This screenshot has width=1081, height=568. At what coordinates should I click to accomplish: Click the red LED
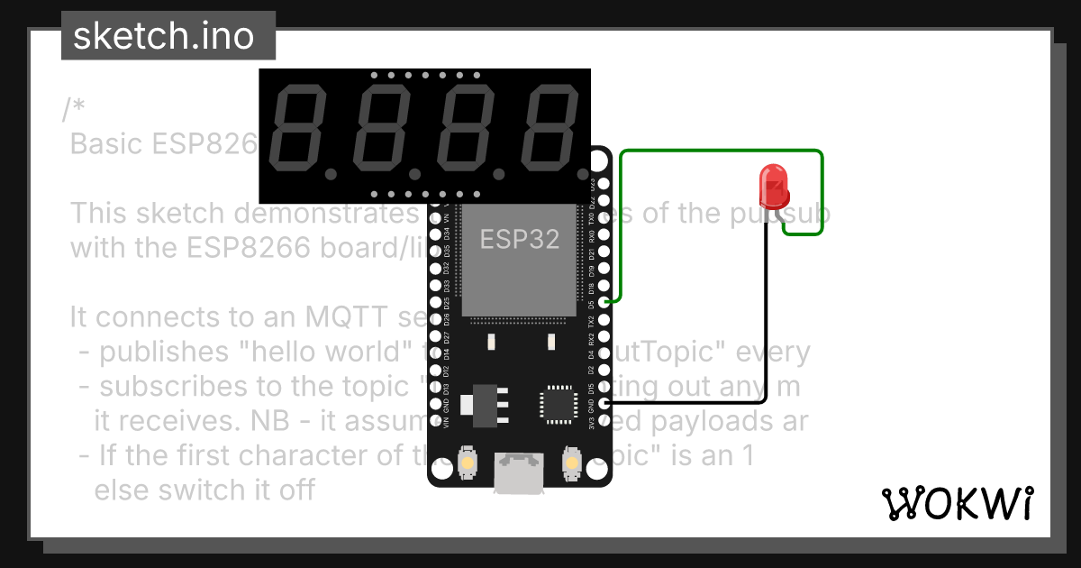point(774,186)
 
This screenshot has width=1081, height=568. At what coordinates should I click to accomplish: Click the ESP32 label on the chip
point(519,239)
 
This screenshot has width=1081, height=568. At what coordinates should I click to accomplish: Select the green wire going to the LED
point(721,151)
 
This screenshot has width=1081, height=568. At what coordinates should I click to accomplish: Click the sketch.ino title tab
point(162,36)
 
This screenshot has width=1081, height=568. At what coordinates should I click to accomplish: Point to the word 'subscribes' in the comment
point(168,386)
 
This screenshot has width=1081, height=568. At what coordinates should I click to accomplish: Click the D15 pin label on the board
point(591,390)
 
